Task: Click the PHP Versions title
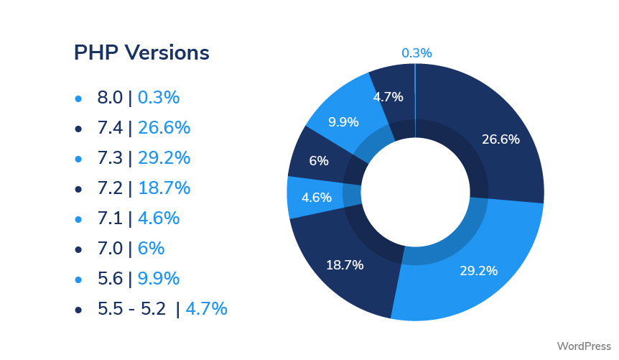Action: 141,52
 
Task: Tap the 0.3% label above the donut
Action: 416,53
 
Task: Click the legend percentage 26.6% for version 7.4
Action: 164,128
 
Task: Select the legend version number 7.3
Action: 110,158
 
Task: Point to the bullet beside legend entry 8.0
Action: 78,98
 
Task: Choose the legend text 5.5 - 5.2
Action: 131,309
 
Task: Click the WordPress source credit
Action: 583,346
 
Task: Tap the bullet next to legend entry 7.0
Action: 78,249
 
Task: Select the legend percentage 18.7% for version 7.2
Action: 164,188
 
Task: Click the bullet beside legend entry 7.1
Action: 78,219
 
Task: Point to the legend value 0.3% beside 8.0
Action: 159,98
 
